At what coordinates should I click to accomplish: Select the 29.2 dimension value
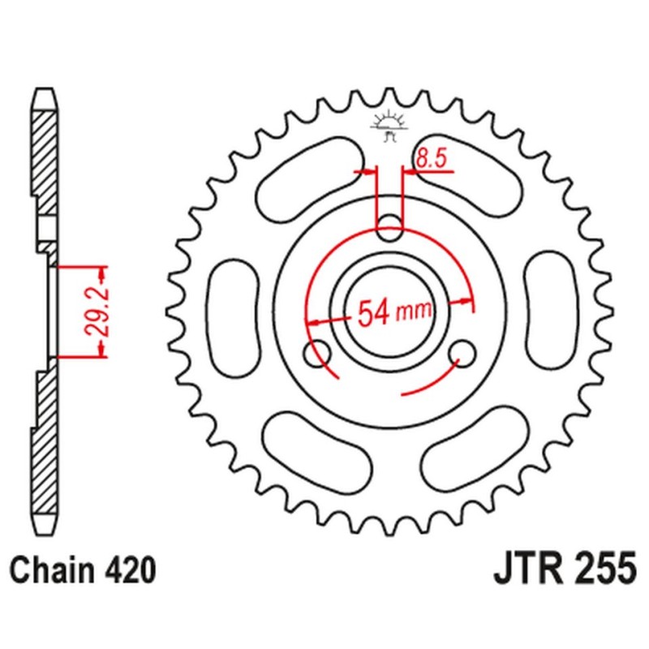92,311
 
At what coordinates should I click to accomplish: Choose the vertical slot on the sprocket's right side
550,310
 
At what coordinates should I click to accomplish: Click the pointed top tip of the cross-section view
45,89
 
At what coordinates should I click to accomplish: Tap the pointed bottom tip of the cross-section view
45,532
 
